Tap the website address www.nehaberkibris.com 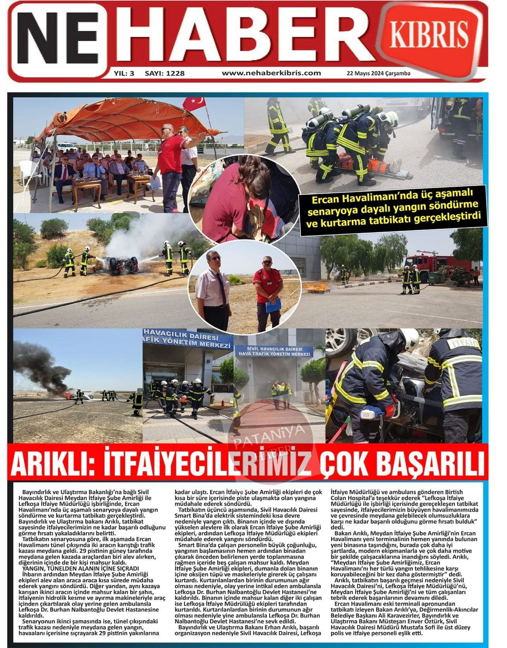[271, 73]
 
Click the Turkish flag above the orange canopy [194, 104]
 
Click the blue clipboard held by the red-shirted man [273, 305]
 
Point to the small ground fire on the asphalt [317, 286]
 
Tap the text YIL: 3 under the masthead [124, 73]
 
